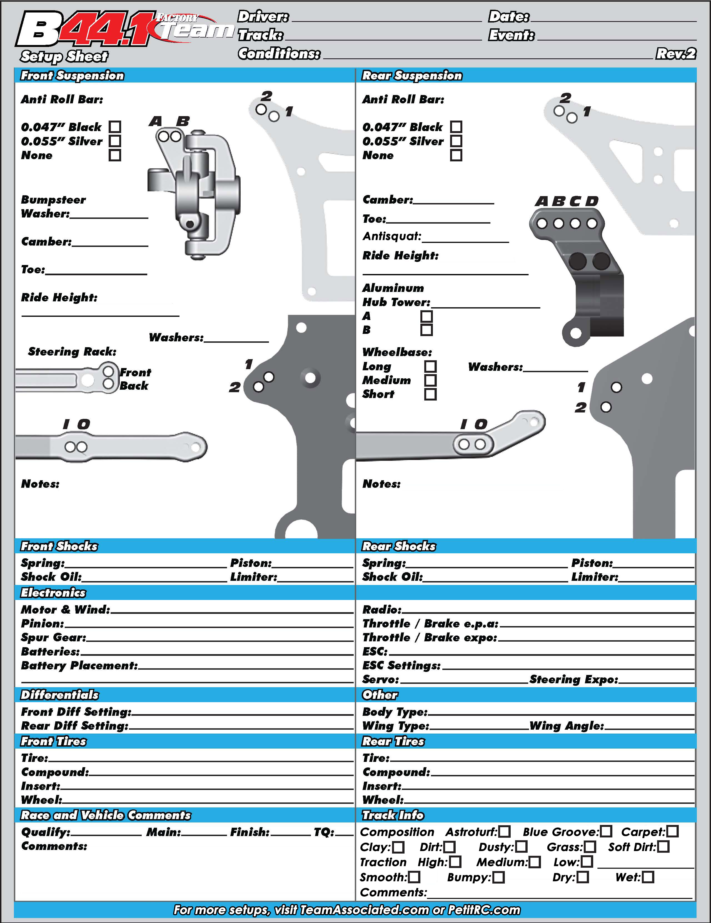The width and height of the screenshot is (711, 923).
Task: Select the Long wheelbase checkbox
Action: [x=430, y=366]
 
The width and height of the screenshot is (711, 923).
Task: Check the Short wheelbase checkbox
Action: [x=430, y=394]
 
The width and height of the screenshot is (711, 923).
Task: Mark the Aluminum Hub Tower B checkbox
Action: [x=426, y=330]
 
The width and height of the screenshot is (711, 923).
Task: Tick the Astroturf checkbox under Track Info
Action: [x=504, y=832]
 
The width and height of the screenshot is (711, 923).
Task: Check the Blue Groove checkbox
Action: [x=606, y=832]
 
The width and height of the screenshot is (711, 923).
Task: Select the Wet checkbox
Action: [x=648, y=877]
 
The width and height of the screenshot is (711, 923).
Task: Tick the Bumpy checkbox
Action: [x=499, y=878]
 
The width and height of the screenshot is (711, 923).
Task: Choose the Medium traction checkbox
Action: [x=535, y=862]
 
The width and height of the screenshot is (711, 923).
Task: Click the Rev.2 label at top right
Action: [x=675, y=54]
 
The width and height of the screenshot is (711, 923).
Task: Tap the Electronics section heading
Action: [x=53, y=593]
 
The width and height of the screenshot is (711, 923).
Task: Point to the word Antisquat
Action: [x=392, y=236]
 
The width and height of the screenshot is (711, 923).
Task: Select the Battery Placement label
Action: [x=79, y=666]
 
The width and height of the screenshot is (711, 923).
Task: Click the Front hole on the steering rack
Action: [x=108, y=371]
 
